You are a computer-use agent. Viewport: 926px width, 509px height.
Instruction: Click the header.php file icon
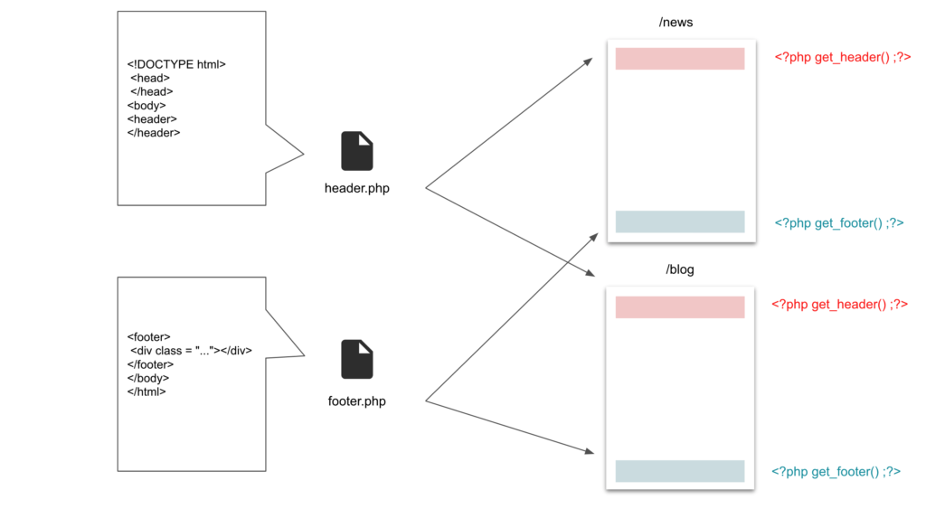point(356,151)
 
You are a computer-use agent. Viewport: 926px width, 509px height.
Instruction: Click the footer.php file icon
point(356,359)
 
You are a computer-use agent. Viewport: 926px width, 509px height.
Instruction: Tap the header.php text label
point(356,188)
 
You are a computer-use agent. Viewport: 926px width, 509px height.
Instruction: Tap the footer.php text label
point(356,401)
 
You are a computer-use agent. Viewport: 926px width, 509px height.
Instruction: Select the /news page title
point(676,23)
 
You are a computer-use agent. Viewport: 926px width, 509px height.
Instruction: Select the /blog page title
point(680,269)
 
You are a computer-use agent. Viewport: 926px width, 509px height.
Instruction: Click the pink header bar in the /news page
point(680,59)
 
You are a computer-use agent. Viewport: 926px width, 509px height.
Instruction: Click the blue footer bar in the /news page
point(680,222)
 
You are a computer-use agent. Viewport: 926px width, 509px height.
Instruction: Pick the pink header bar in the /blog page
point(680,307)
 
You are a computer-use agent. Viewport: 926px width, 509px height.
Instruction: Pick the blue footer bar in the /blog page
point(680,471)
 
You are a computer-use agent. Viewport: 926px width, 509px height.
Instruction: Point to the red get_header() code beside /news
point(843,57)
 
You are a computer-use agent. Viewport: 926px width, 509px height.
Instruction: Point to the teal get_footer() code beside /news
point(839,223)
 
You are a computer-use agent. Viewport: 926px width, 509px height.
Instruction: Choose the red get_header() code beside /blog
point(839,305)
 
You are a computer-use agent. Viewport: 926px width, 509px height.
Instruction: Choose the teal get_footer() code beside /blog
point(836,472)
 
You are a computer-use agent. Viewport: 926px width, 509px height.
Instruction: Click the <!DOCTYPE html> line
point(176,64)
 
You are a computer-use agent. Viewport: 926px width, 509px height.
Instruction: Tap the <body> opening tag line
point(146,106)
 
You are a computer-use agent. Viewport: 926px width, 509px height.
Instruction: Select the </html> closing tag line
point(146,392)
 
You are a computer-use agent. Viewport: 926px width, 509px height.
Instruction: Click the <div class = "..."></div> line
point(191,351)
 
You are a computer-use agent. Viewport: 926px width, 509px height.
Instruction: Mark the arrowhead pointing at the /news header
point(588,61)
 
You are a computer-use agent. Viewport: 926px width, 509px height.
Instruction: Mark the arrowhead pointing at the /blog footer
point(590,451)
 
